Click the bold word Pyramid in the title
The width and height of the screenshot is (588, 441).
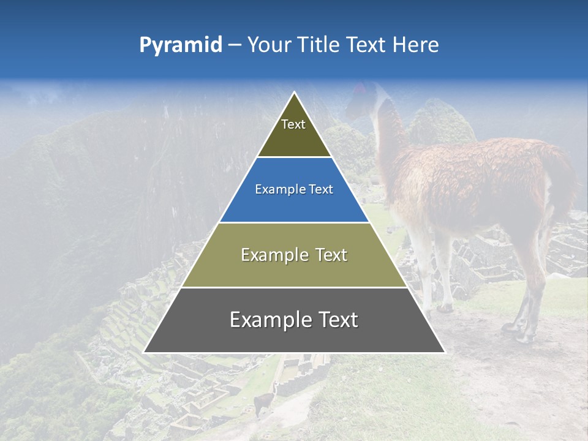[x=181, y=45]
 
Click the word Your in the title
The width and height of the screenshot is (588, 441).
[x=269, y=45]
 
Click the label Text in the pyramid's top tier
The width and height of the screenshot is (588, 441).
[x=293, y=125]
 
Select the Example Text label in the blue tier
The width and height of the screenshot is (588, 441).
[x=294, y=190]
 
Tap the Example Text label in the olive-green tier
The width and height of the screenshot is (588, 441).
[x=294, y=255]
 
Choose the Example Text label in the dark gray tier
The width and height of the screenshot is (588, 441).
[x=294, y=320]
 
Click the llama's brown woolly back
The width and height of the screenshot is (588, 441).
[x=484, y=165]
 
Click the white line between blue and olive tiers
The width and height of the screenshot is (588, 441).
[x=294, y=222]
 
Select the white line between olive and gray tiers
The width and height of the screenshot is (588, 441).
[x=294, y=287]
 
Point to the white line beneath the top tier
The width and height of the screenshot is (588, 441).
[x=294, y=157]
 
